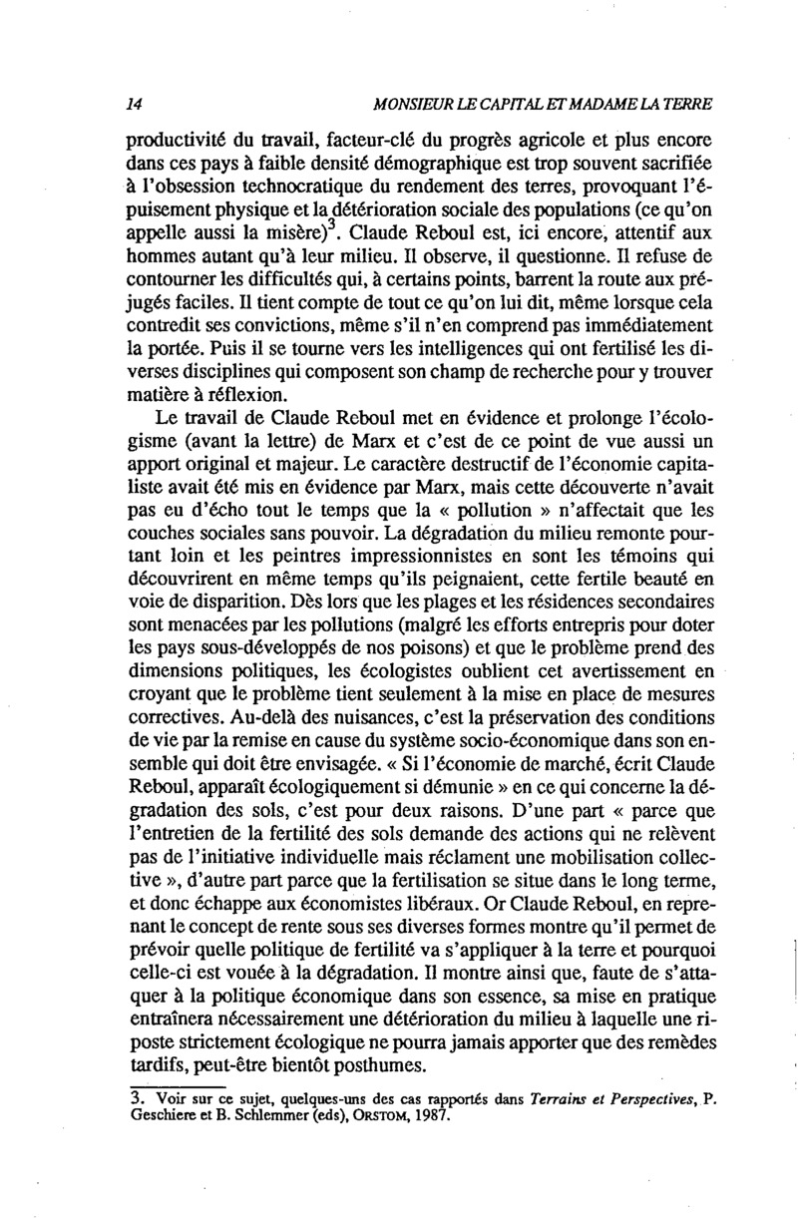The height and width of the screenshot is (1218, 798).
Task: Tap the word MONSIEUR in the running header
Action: (412, 104)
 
